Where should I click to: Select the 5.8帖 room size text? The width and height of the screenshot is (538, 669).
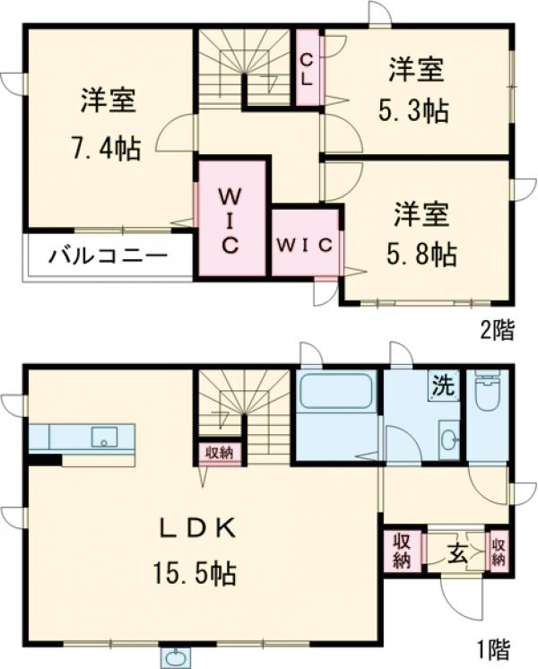point(419,255)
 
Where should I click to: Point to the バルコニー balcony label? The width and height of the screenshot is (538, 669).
point(108,256)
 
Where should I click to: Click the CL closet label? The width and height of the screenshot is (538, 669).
point(307,68)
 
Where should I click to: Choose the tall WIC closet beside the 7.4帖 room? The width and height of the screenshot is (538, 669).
point(230,219)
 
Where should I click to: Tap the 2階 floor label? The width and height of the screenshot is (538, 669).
point(497,331)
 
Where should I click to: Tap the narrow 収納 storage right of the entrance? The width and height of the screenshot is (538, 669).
point(498,550)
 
